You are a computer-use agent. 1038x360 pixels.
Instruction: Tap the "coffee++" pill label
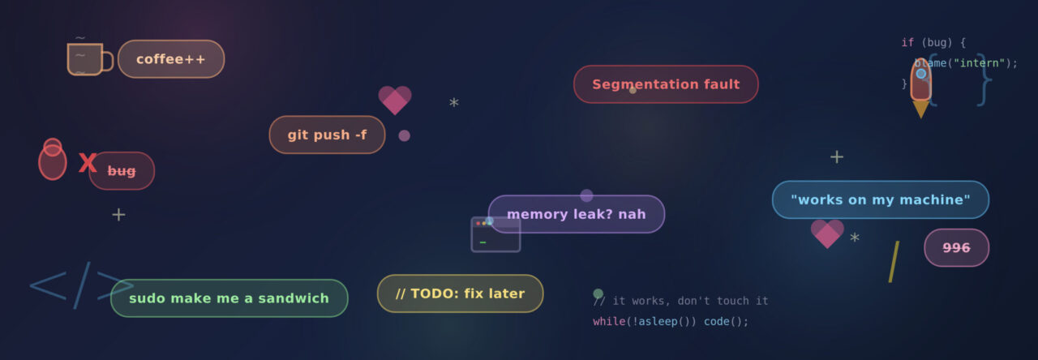(x=171, y=59)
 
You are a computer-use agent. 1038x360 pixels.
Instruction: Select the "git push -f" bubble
(x=327, y=135)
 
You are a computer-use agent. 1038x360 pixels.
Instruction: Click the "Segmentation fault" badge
(x=666, y=84)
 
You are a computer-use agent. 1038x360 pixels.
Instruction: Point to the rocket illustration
(x=920, y=88)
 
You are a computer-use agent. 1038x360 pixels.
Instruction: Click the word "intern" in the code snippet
(x=979, y=63)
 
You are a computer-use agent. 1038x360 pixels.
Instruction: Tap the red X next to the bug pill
(x=87, y=163)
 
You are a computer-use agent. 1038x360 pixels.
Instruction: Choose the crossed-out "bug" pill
(x=122, y=171)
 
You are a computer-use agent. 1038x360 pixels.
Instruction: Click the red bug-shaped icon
(x=53, y=160)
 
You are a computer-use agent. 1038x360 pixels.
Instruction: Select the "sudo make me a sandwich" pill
(x=229, y=298)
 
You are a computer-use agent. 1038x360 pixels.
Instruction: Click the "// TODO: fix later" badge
(x=460, y=294)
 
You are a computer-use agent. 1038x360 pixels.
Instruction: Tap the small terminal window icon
(x=495, y=235)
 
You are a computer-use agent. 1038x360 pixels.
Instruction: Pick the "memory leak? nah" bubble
(x=577, y=214)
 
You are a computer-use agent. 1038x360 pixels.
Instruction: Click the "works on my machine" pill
(x=881, y=199)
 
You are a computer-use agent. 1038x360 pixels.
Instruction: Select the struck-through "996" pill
(x=956, y=248)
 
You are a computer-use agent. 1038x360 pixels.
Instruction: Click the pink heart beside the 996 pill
(x=827, y=234)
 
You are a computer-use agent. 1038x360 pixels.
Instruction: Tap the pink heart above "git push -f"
(x=395, y=100)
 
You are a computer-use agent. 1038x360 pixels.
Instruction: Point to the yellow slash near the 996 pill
(x=894, y=262)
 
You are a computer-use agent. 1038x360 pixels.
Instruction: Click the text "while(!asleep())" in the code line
(x=644, y=322)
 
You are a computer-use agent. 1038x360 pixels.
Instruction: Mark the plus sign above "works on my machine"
(x=836, y=157)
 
